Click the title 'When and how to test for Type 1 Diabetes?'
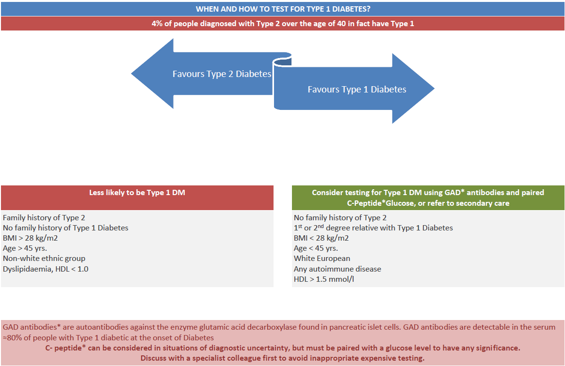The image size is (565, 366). (283, 9)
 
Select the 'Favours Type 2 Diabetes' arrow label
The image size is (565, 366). (222, 74)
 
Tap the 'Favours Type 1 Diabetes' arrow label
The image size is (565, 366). (357, 89)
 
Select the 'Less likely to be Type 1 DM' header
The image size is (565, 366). (137, 192)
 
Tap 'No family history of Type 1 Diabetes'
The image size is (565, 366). (65, 228)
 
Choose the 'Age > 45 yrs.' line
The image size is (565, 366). (26, 248)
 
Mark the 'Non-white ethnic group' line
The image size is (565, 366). (44, 259)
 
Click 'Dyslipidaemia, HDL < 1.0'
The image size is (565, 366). (46, 269)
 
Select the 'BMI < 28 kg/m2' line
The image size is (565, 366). (321, 238)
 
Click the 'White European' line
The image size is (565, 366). (322, 259)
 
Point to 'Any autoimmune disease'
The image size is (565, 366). (338, 269)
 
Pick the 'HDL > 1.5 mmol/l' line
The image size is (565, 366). (324, 279)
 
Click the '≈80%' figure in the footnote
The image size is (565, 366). (13, 337)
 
